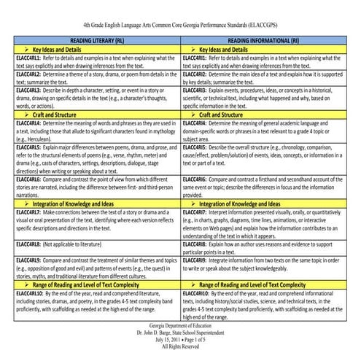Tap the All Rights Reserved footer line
coord(180,349)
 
